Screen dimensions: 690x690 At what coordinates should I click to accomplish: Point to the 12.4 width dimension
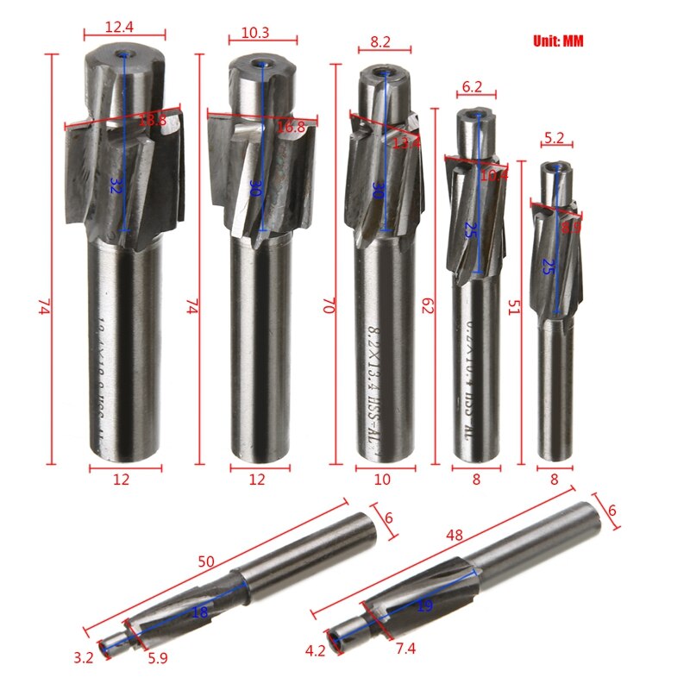120,28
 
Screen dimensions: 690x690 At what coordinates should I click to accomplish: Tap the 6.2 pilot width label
472,87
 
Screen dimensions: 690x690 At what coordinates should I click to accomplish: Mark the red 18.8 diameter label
153,121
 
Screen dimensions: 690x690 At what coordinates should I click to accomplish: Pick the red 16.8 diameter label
290,128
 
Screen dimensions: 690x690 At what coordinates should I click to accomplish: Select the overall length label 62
426,305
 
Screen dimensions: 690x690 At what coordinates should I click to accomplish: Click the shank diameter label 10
382,480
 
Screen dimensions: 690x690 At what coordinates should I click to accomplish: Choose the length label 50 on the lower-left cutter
205,561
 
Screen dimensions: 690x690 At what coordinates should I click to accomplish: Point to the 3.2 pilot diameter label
84,658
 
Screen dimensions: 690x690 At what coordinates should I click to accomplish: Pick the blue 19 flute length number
424,605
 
